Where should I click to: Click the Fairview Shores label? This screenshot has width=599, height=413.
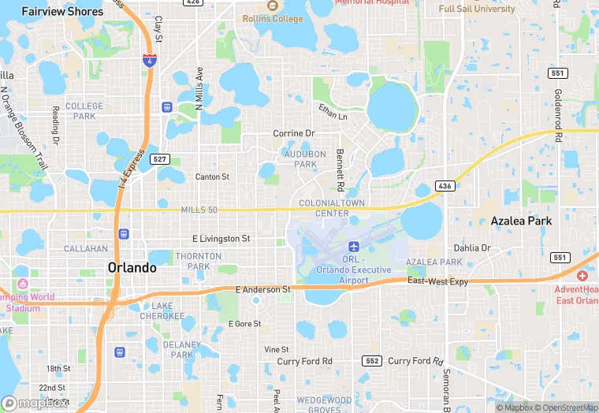(x=62, y=12)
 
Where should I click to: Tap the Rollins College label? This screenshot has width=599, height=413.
(x=273, y=18)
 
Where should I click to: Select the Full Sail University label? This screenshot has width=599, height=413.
(x=477, y=9)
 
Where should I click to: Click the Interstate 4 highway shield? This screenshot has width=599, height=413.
(x=149, y=60)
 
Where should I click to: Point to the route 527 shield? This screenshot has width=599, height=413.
(x=160, y=159)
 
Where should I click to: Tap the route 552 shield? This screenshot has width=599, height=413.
(x=373, y=361)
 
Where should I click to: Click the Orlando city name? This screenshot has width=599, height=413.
(x=132, y=268)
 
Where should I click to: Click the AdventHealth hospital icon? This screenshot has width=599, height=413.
(x=582, y=276)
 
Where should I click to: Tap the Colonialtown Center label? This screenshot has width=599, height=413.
(x=324, y=208)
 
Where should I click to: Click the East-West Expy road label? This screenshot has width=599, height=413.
(x=437, y=281)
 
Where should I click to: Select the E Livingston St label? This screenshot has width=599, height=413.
(x=221, y=238)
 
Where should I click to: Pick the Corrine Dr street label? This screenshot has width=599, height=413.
(x=294, y=134)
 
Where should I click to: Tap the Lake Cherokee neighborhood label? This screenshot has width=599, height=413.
(x=162, y=311)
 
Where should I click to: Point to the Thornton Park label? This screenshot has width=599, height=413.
(x=193, y=261)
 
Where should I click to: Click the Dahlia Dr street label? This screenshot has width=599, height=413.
(x=472, y=247)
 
